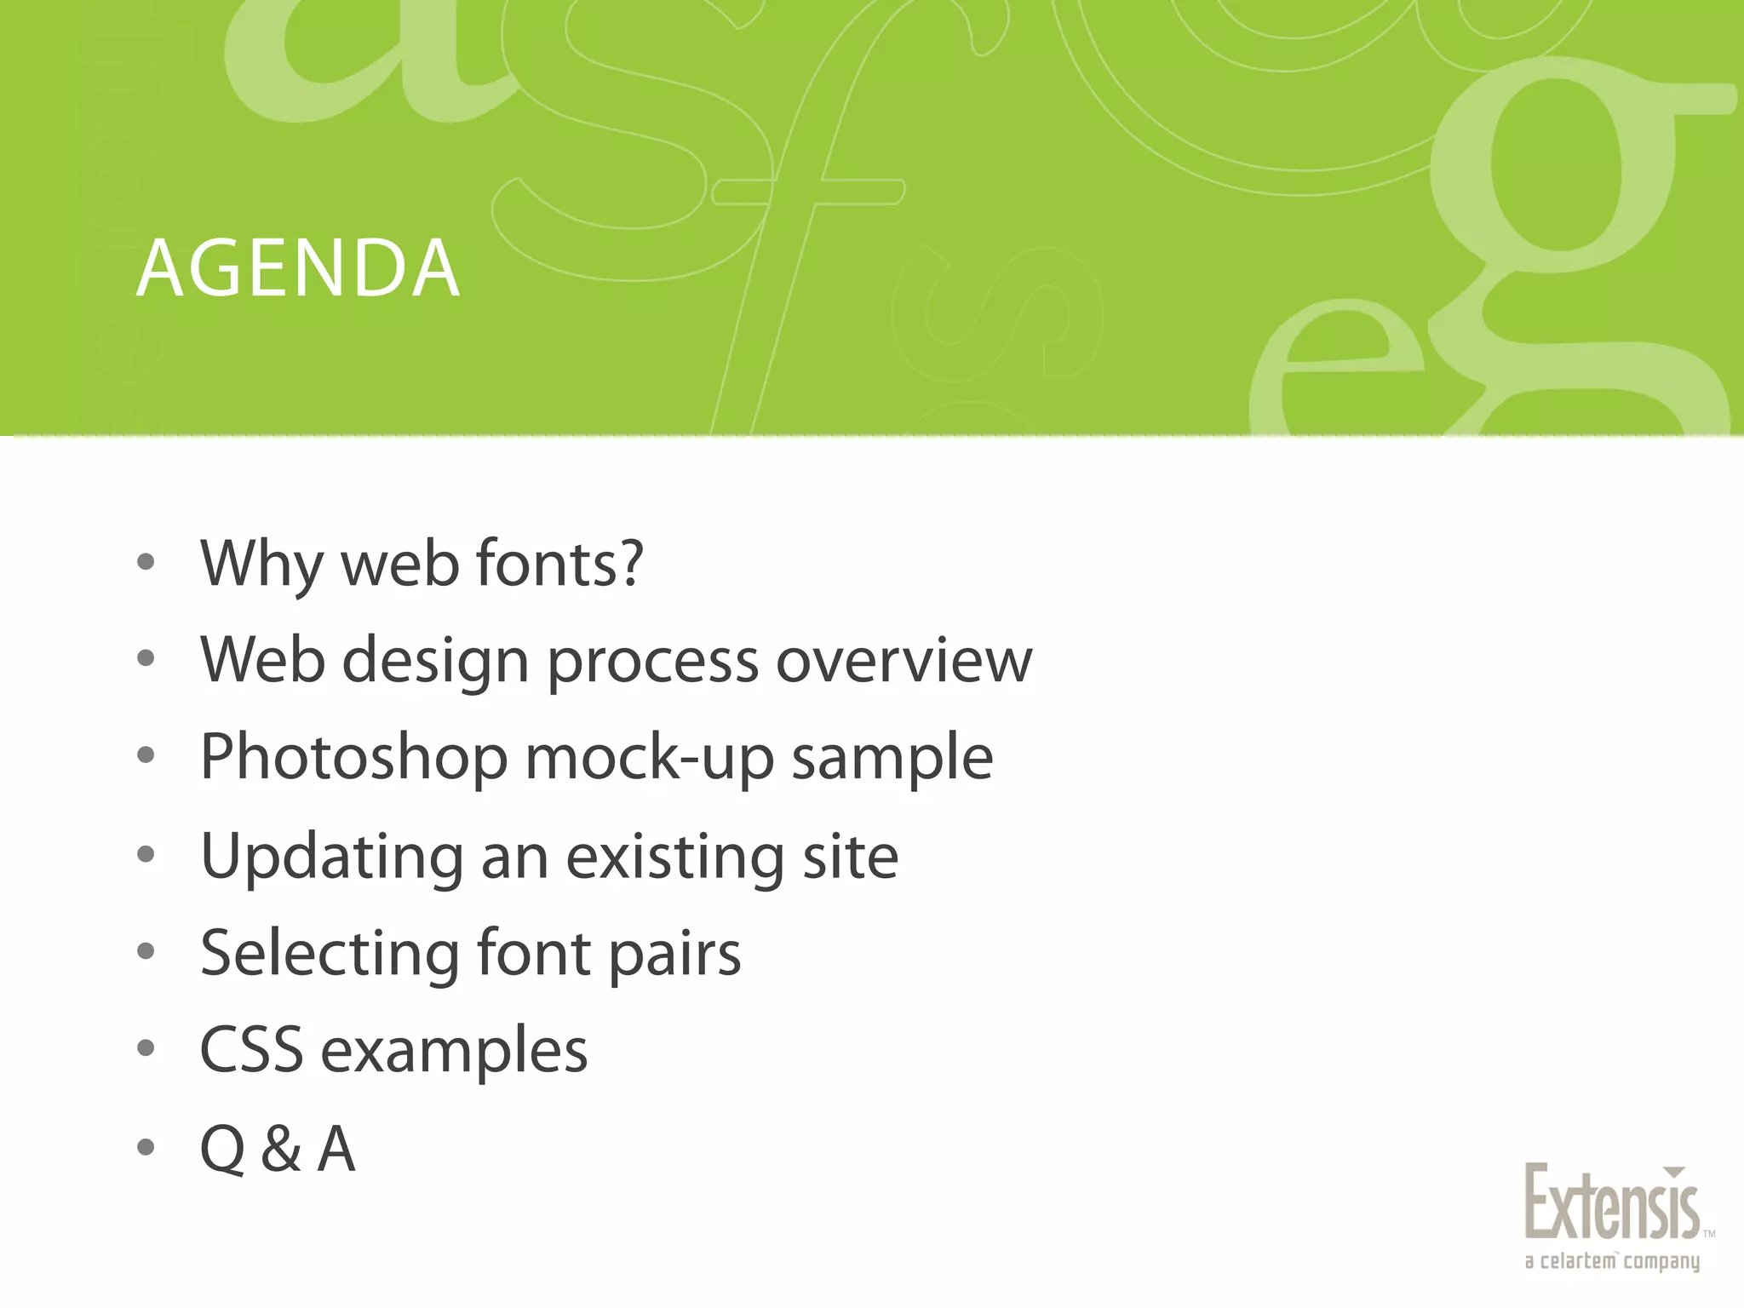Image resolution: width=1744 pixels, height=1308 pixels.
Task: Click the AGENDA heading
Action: point(298,270)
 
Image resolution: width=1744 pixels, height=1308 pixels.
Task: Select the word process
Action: point(652,663)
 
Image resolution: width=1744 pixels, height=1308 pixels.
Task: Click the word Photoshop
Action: point(353,757)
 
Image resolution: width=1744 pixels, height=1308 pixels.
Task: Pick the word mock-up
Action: point(650,757)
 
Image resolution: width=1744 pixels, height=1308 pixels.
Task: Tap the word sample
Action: point(892,757)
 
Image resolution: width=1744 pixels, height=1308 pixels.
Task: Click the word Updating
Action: point(332,857)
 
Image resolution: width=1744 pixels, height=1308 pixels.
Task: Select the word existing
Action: point(674,857)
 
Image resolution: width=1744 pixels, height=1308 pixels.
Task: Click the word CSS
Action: point(251,1049)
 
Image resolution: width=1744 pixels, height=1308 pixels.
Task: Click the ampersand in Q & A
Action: point(281,1149)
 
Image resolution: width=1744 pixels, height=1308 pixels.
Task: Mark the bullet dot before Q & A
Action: point(146,1148)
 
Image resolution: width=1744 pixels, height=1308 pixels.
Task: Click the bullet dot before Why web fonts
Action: point(146,562)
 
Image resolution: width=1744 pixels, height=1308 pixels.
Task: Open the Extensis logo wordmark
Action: point(1611,1203)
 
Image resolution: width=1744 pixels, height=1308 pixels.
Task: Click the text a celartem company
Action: point(1611,1261)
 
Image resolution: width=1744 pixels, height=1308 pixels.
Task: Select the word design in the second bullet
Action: point(436,663)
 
